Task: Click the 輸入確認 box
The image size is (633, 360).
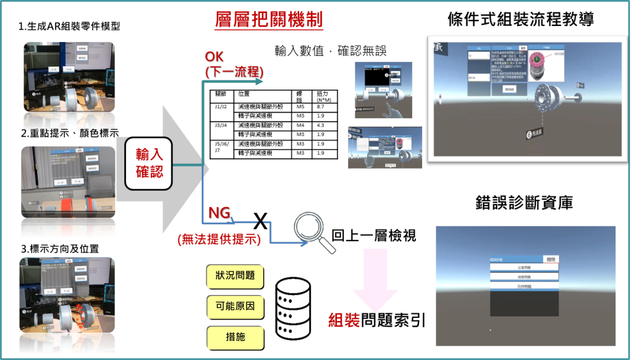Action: click(148, 163)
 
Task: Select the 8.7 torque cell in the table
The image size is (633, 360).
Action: click(321, 106)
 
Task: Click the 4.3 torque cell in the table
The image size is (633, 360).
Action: click(321, 125)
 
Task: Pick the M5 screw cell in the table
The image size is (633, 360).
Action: click(301, 106)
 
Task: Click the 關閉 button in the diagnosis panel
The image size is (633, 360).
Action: click(550, 259)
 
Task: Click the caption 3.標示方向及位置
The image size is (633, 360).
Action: click(59, 249)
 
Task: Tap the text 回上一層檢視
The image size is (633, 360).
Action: click(374, 235)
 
